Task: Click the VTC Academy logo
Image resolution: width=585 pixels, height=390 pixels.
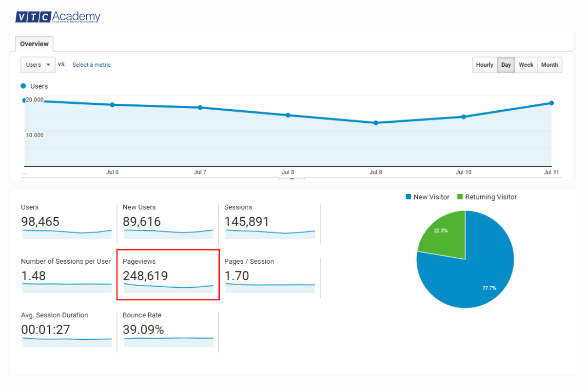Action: click(x=58, y=17)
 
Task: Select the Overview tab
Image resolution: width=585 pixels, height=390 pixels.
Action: click(x=34, y=44)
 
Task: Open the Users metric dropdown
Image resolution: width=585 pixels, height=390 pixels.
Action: click(x=38, y=65)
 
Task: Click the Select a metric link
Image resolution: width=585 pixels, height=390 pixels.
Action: click(x=92, y=65)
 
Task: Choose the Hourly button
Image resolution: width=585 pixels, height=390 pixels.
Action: click(x=485, y=65)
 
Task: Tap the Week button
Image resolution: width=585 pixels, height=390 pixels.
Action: click(x=526, y=65)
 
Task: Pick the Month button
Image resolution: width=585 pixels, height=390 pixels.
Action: click(x=549, y=65)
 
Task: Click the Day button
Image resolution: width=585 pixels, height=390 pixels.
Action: click(x=506, y=65)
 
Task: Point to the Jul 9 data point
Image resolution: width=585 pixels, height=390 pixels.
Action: click(x=375, y=123)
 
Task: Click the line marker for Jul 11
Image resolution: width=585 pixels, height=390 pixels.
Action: click(x=551, y=103)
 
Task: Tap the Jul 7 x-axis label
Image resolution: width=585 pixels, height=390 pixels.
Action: click(x=200, y=173)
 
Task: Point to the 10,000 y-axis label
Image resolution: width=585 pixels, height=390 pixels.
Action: click(x=35, y=135)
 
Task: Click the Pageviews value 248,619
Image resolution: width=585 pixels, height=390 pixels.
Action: click(x=145, y=276)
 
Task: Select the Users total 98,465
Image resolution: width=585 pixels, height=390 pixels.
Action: click(x=40, y=222)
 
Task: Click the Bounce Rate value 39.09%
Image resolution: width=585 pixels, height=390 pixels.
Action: click(x=143, y=330)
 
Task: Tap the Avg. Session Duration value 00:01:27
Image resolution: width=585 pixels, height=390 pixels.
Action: click(x=45, y=330)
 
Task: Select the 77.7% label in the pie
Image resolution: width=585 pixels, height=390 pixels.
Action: click(x=489, y=288)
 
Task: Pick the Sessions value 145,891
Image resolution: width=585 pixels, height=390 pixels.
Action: click(x=247, y=222)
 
